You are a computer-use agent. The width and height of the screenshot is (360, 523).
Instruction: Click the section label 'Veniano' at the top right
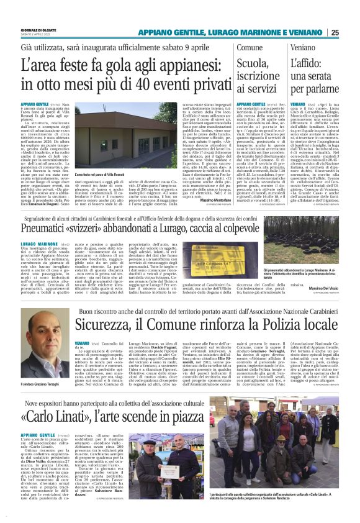(303, 47)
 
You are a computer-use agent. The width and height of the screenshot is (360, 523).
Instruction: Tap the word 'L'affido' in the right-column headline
(307, 63)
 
